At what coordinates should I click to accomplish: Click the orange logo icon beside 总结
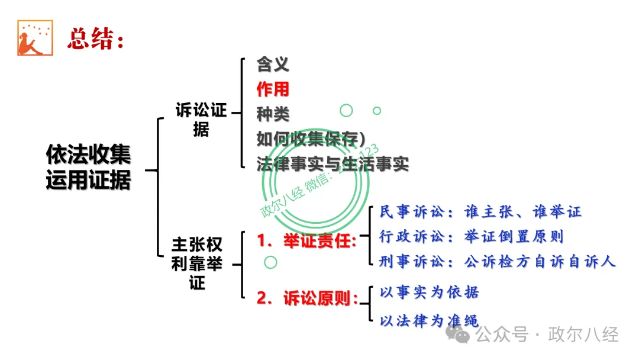pos(35,38)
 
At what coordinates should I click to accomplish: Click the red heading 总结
pos(95,39)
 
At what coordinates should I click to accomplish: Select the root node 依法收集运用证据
pos(88,168)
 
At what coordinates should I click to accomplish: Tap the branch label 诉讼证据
pos(201,120)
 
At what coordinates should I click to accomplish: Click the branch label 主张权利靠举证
pos(197,263)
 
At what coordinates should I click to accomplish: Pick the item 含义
pos(273,64)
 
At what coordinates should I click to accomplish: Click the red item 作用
pos(273,89)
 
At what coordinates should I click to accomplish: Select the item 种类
pos(273,114)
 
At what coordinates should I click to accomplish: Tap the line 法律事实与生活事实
pos(333,163)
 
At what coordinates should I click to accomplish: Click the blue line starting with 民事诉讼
pos(480,211)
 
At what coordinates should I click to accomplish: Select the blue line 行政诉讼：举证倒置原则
pos(472,236)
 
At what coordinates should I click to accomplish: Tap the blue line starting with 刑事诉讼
pos(498,261)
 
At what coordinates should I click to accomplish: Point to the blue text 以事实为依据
pos(429,292)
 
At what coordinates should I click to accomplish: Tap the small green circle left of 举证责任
pos(270,262)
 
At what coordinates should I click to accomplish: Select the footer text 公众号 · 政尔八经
pos(547,335)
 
